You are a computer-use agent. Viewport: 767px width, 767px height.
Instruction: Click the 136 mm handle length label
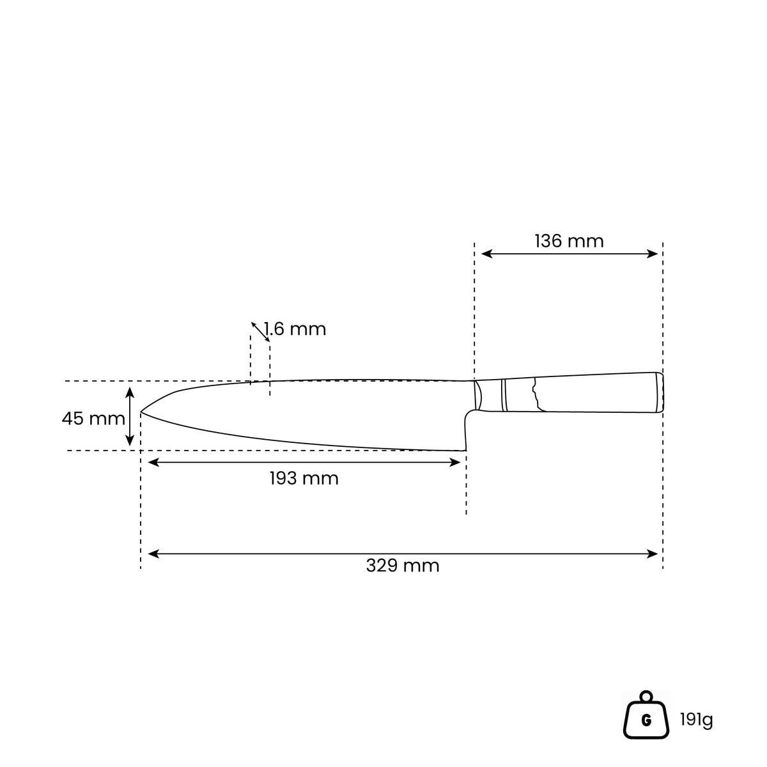pos(569,241)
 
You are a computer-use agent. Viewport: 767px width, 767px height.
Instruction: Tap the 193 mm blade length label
pos(304,479)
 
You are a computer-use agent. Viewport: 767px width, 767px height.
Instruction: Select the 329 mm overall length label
pos(403,566)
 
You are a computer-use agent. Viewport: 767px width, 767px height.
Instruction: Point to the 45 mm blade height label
pos(93,418)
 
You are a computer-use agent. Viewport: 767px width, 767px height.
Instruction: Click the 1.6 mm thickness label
pos(295,329)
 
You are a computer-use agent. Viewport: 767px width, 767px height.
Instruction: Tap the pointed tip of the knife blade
pos(141,412)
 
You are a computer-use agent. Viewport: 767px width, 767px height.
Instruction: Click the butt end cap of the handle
pos(659,392)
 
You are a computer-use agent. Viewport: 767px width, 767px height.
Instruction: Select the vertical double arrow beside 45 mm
pos(130,416)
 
